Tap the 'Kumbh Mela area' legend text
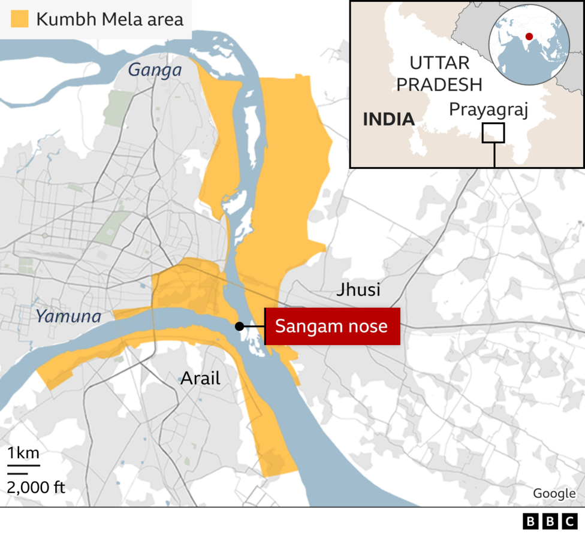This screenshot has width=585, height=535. [x=109, y=19]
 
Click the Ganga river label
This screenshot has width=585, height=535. [x=155, y=70]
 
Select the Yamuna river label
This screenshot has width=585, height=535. [x=68, y=316]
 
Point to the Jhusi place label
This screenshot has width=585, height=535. [x=358, y=290]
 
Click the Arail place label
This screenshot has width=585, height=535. [x=200, y=378]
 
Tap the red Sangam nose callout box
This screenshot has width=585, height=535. [x=332, y=327]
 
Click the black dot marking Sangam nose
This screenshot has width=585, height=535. [x=239, y=327]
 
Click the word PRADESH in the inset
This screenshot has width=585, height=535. [x=439, y=84]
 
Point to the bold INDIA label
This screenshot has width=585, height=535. [x=388, y=119]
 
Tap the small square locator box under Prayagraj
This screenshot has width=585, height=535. [x=493, y=133]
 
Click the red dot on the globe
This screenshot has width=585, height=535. [x=529, y=37]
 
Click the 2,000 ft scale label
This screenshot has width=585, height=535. [x=36, y=486]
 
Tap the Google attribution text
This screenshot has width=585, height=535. [x=554, y=493]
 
